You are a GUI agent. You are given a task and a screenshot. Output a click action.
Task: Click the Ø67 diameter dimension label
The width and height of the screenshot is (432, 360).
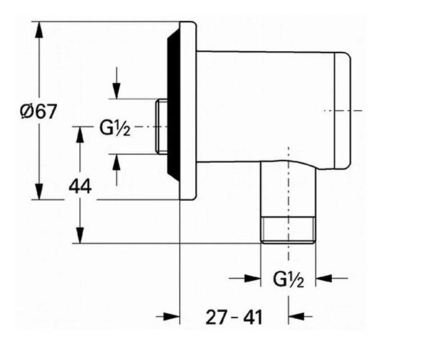(x=39, y=112)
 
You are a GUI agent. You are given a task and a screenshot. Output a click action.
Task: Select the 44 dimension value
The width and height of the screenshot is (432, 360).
(x=80, y=186)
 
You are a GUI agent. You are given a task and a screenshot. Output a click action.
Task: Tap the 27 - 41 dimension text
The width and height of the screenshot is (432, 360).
(x=234, y=317)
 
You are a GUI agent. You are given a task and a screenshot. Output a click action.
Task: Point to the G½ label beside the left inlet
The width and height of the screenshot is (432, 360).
(x=114, y=128)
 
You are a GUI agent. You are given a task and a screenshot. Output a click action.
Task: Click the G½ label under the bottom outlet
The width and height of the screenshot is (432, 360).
(x=289, y=279)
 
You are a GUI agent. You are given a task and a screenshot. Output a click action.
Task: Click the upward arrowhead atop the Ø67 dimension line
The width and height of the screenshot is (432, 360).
(x=39, y=30)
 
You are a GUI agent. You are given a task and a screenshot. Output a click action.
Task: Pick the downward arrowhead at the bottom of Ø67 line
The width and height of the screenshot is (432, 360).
(x=39, y=192)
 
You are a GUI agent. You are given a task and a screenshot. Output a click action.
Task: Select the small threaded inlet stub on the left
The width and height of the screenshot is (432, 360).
(x=161, y=126)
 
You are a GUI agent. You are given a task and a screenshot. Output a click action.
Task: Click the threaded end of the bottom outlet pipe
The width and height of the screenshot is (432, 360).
(x=288, y=230)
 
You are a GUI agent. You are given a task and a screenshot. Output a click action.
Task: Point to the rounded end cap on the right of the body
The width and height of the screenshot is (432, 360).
(x=343, y=110)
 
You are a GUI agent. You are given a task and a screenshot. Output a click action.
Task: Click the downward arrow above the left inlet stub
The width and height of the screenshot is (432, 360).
(x=117, y=83)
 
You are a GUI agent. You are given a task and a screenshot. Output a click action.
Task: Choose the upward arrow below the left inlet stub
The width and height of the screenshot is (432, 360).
(x=117, y=170)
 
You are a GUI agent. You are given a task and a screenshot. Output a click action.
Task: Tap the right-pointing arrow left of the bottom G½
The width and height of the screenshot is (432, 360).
(x=245, y=278)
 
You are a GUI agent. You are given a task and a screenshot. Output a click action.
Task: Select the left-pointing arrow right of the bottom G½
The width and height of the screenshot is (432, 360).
(x=332, y=278)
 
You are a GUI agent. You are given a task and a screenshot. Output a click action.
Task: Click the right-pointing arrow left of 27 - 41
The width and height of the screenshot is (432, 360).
(x=168, y=317)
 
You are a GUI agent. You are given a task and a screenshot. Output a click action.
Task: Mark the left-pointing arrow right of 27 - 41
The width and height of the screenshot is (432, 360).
(x=300, y=317)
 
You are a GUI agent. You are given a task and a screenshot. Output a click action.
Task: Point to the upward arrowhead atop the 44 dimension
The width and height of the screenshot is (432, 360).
(x=80, y=135)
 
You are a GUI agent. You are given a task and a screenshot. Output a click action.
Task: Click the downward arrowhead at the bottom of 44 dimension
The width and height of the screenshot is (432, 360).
(x=80, y=235)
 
